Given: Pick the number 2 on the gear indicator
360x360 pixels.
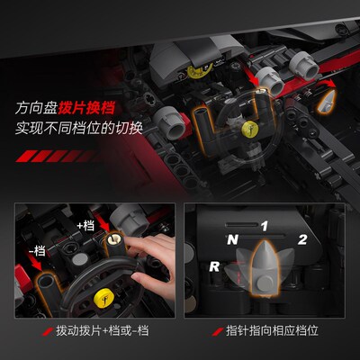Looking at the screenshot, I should [302, 239].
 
